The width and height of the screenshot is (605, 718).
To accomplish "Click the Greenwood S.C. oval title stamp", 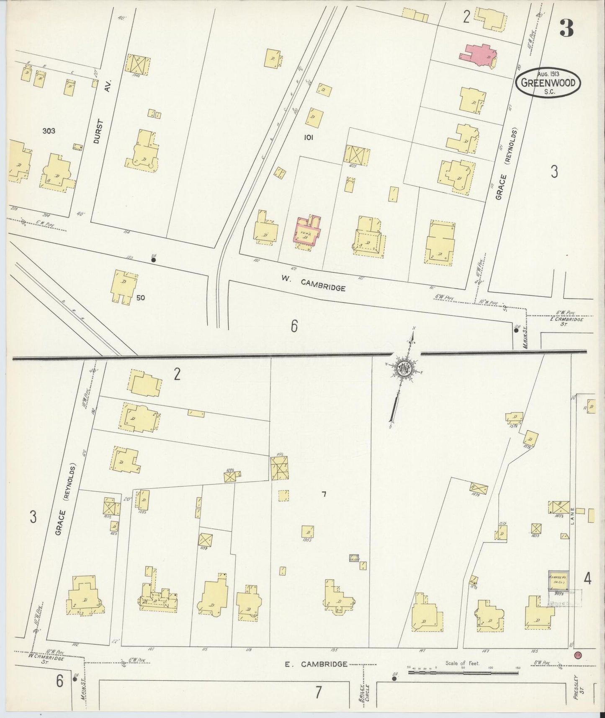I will (x=550, y=83).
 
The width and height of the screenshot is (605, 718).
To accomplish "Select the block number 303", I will (x=49, y=131).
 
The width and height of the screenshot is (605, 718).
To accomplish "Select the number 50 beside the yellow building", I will (x=140, y=298).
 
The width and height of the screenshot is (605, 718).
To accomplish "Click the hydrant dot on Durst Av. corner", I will (x=154, y=260).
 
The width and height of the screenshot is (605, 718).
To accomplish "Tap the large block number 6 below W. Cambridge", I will (x=294, y=326).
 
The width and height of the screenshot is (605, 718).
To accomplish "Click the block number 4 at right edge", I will (x=587, y=579).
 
